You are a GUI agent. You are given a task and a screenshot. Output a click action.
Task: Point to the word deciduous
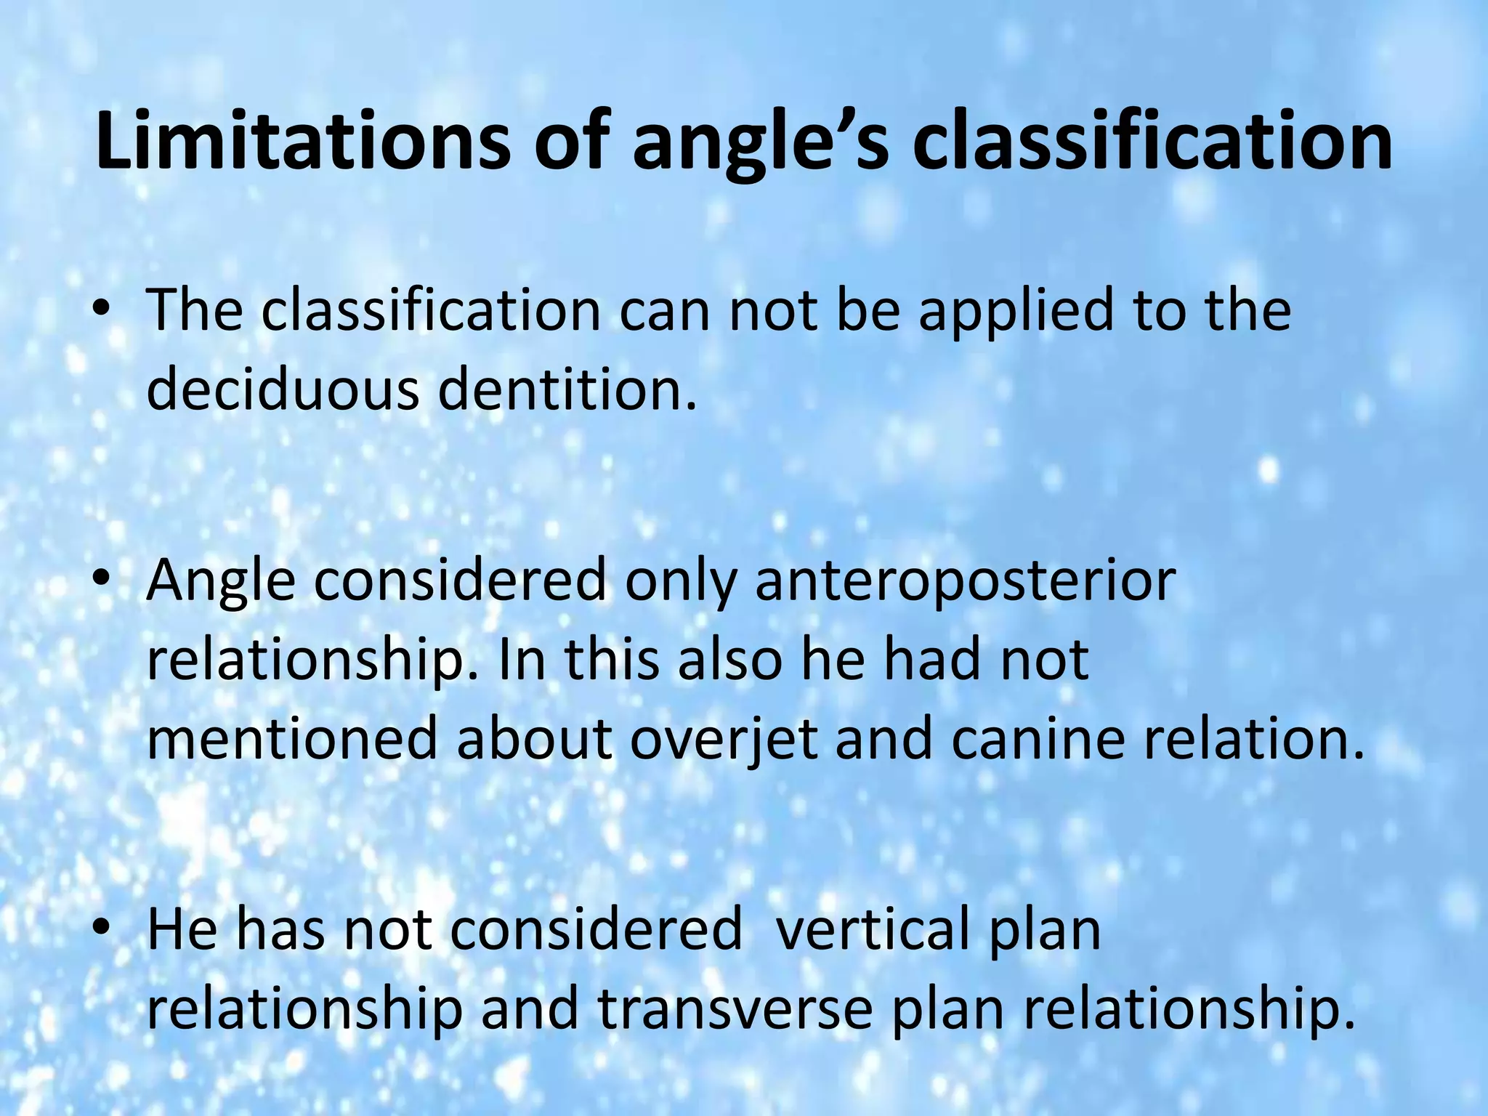click(283, 389)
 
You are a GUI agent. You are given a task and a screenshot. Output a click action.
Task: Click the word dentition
click(567, 389)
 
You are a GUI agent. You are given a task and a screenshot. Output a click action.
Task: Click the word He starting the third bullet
click(182, 931)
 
